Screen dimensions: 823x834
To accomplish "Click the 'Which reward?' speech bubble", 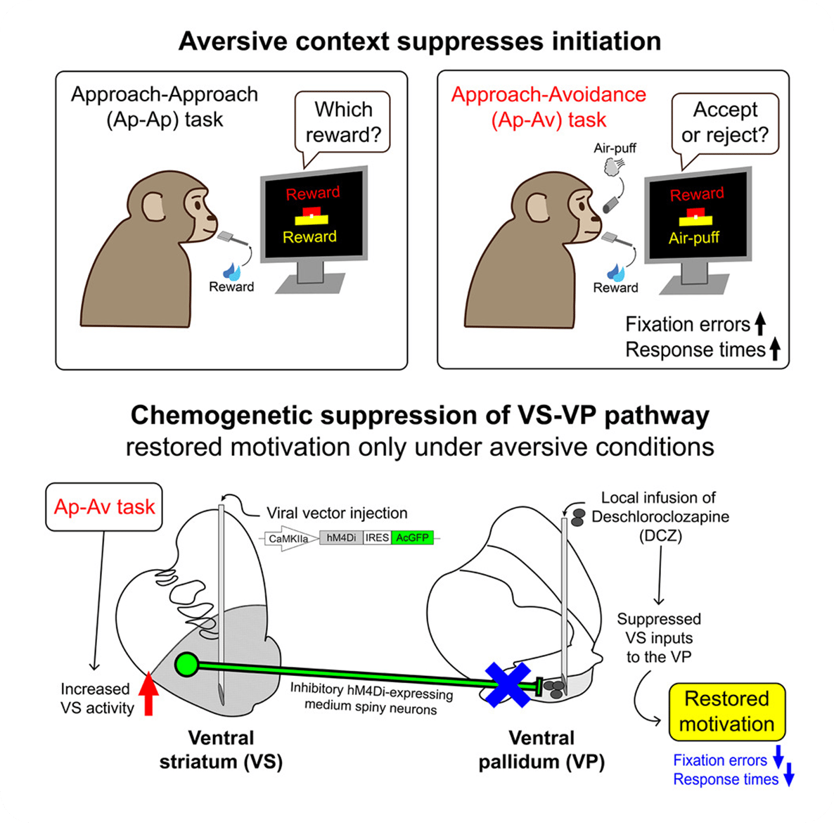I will [x=343, y=121].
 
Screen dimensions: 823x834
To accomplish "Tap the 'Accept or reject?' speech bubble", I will [x=725, y=122].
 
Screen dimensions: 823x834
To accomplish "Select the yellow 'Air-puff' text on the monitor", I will [x=693, y=238].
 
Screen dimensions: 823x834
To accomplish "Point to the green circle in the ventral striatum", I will [x=187, y=664].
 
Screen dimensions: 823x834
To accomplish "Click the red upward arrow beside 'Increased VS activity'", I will [x=148, y=694].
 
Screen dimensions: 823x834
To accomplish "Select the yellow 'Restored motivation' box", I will [x=726, y=711].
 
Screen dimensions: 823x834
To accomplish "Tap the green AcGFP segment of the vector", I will [x=412, y=538].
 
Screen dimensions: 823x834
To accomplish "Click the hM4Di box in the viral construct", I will [x=341, y=538].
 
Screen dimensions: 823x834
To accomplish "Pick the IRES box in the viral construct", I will [x=377, y=538].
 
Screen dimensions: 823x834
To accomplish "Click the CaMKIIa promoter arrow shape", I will [x=290, y=539].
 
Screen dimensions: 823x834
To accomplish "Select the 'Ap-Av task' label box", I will [x=104, y=506].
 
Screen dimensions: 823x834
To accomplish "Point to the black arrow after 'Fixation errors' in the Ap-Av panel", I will [x=760, y=324].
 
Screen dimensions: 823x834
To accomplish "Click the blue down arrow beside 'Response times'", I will [x=788, y=778].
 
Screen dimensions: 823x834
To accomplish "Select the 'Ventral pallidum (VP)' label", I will [x=541, y=749].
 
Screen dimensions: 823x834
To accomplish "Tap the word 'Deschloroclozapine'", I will [x=660, y=517].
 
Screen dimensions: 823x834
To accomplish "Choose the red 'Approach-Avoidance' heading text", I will [x=548, y=95].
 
